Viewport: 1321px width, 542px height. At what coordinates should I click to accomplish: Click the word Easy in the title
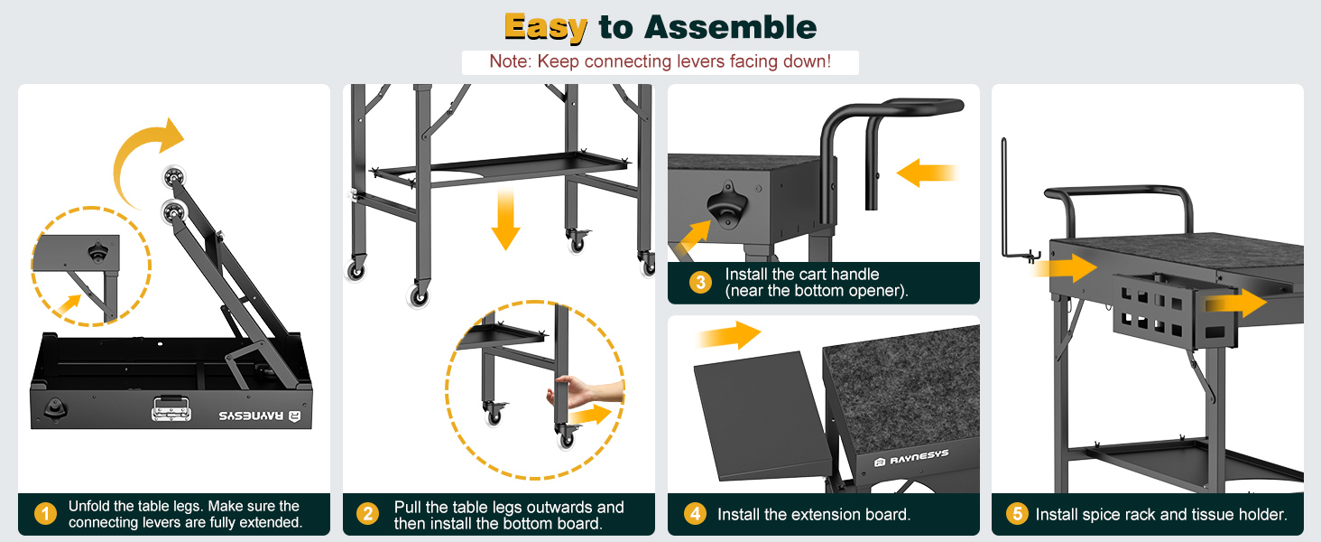tap(546, 28)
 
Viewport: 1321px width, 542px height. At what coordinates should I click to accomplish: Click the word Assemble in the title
tap(731, 27)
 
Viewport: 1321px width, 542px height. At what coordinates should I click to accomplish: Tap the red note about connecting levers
tap(660, 61)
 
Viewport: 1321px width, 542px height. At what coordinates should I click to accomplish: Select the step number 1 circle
tap(45, 514)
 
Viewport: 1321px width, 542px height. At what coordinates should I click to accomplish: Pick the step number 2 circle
tap(368, 514)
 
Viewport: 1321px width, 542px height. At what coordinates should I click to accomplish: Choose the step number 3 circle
tap(700, 282)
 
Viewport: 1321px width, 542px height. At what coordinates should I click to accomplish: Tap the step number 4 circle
tap(696, 514)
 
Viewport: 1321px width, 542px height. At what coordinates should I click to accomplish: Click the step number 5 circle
tap(1017, 514)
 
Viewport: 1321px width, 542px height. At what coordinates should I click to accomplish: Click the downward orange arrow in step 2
tap(505, 220)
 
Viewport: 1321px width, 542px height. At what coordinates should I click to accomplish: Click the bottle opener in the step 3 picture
tap(726, 205)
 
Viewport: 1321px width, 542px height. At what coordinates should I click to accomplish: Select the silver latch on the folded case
tap(171, 408)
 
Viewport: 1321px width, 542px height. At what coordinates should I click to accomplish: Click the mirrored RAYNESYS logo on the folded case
tap(260, 416)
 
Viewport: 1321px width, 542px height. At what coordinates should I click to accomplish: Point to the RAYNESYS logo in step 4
tap(911, 458)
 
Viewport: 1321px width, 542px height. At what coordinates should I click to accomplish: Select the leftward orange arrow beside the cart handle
tap(927, 173)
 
